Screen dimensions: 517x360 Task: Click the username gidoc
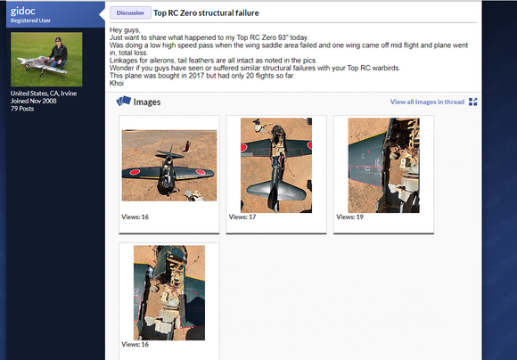point(23,11)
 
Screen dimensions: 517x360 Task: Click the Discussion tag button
point(130,12)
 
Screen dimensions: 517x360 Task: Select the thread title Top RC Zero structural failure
point(206,12)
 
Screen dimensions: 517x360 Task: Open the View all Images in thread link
point(427,102)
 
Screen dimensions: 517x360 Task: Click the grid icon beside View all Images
point(472,102)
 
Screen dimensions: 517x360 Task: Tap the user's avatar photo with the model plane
point(46,60)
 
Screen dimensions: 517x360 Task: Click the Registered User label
point(30,20)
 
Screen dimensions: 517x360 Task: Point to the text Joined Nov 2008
point(33,101)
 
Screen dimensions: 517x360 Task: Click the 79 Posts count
point(22,109)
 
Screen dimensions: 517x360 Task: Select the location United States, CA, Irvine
point(44,94)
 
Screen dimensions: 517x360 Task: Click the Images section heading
point(147,102)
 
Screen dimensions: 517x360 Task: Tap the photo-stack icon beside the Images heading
point(124,101)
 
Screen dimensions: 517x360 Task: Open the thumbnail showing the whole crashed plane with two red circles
point(169,165)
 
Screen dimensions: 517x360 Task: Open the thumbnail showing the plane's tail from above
point(276,165)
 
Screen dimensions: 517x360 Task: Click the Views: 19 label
point(349,217)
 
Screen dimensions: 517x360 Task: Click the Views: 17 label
point(242,217)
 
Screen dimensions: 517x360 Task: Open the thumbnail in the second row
point(169,293)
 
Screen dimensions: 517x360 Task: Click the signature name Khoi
point(117,83)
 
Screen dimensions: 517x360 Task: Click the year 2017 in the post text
point(196,76)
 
